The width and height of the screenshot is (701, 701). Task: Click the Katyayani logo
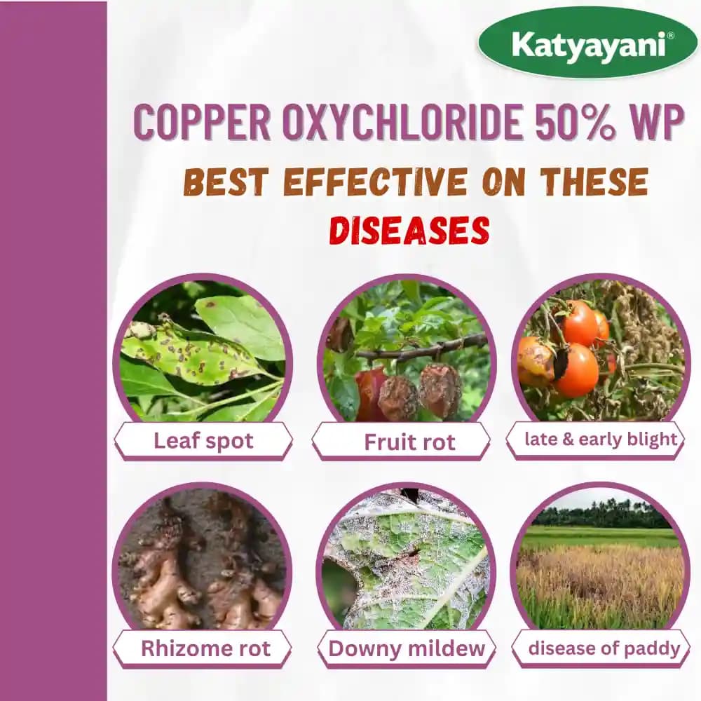click(587, 43)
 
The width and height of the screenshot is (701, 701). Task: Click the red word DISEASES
click(409, 231)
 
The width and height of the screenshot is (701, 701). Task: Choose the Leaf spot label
click(203, 441)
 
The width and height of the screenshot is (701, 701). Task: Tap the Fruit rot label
click(409, 442)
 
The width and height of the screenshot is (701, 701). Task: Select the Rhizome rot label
click(205, 648)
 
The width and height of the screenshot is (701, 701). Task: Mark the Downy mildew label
click(407, 648)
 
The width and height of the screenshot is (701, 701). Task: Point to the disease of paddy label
click(603, 648)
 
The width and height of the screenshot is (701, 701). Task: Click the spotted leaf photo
click(203, 350)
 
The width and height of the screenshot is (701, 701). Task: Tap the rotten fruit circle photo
click(407, 350)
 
